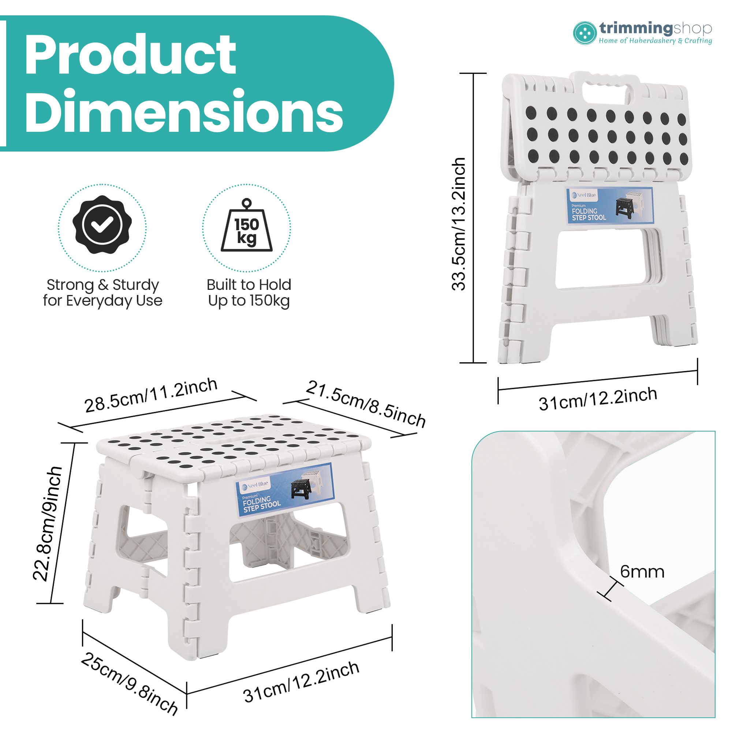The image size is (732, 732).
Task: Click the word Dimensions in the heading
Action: (x=184, y=111)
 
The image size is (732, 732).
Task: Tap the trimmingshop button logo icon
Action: (x=585, y=33)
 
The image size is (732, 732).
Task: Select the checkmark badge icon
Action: (x=102, y=225)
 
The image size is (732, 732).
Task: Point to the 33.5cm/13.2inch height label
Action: (x=459, y=224)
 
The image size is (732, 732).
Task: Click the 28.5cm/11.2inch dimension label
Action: (x=151, y=395)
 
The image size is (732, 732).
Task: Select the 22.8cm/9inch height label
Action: (x=47, y=524)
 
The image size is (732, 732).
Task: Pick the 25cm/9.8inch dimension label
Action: (x=129, y=684)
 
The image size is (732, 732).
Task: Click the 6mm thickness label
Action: (x=642, y=572)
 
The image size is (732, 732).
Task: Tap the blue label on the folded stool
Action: (x=610, y=205)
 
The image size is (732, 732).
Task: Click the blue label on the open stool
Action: (x=284, y=489)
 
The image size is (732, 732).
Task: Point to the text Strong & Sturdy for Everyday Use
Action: (x=103, y=292)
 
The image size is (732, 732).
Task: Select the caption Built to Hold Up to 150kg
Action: (x=249, y=292)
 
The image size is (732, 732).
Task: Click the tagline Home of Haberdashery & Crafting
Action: (x=655, y=41)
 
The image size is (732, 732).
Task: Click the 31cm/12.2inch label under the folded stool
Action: (x=598, y=399)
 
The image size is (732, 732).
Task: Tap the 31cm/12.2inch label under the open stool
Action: (x=301, y=681)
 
